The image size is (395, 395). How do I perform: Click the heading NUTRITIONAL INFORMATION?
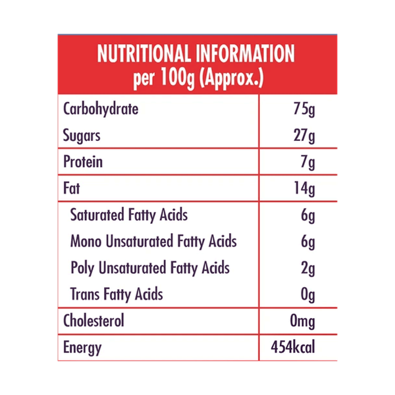click(196, 54)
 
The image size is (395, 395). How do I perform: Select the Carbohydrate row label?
click(100, 109)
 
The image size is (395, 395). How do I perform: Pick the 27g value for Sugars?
click(304, 136)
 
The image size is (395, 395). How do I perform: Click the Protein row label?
click(82, 163)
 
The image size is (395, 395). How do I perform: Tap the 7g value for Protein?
click(308, 163)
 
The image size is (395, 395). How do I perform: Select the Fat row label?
click(71, 190)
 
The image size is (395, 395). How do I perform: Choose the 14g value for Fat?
click(304, 190)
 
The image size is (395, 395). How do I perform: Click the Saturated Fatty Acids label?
click(129, 215)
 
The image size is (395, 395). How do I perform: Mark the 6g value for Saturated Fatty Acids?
click(308, 215)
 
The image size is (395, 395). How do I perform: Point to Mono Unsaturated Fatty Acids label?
click(153, 242)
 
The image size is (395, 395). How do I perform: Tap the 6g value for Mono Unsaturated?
click(308, 242)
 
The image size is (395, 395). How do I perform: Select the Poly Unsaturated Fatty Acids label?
click(149, 268)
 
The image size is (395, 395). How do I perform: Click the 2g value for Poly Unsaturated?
click(308, 268)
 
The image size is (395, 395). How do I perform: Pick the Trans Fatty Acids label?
click(117, 294)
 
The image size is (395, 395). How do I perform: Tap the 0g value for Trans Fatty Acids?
click(308, 294)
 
